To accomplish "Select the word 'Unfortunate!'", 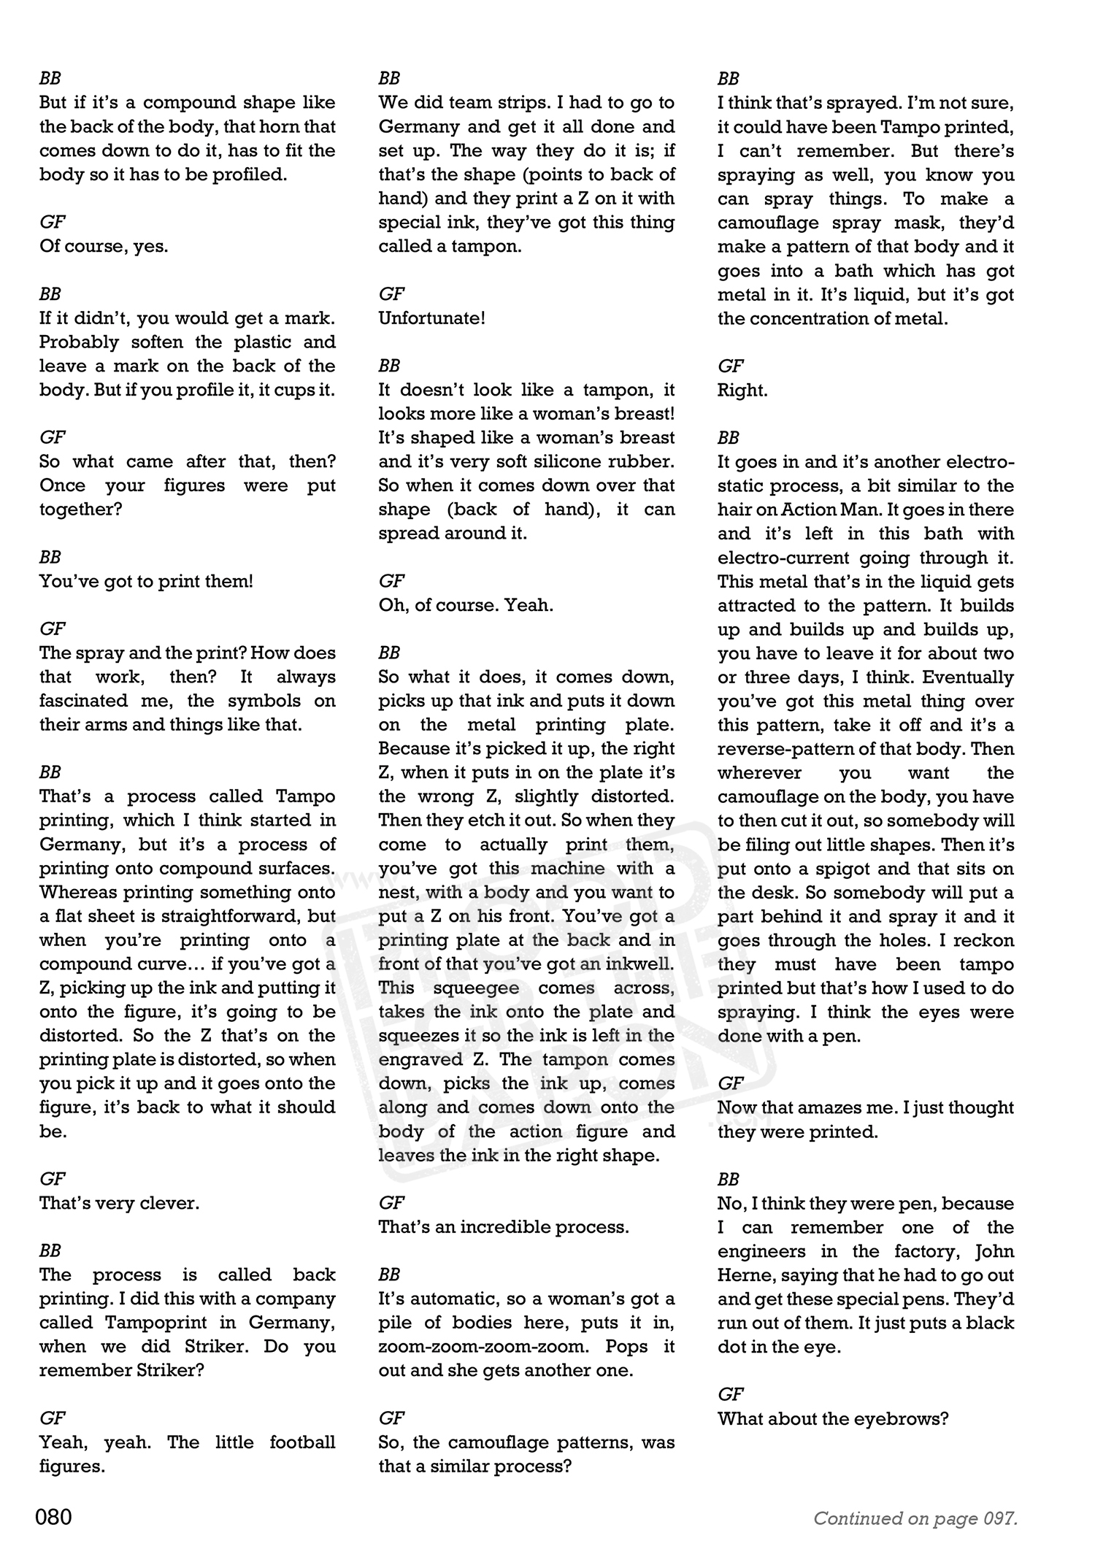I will (x=431, y=318).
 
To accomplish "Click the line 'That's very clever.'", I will (x=119, y=1203).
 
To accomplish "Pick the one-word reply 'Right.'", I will (x=742, y=390).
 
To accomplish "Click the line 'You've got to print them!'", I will (x=146, y=581).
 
